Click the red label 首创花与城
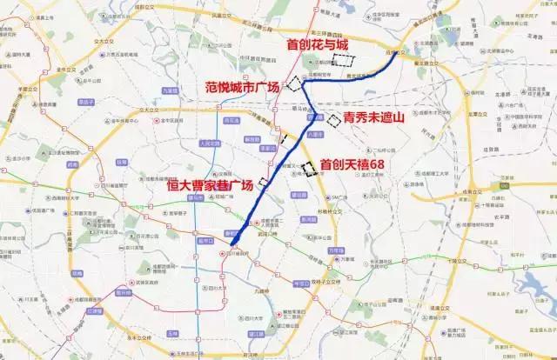click(312, 43)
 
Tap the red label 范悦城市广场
click(243, 86)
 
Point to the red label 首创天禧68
click(352, 163)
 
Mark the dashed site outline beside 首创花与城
click(346, 61)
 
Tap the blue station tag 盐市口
click(205, 240)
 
